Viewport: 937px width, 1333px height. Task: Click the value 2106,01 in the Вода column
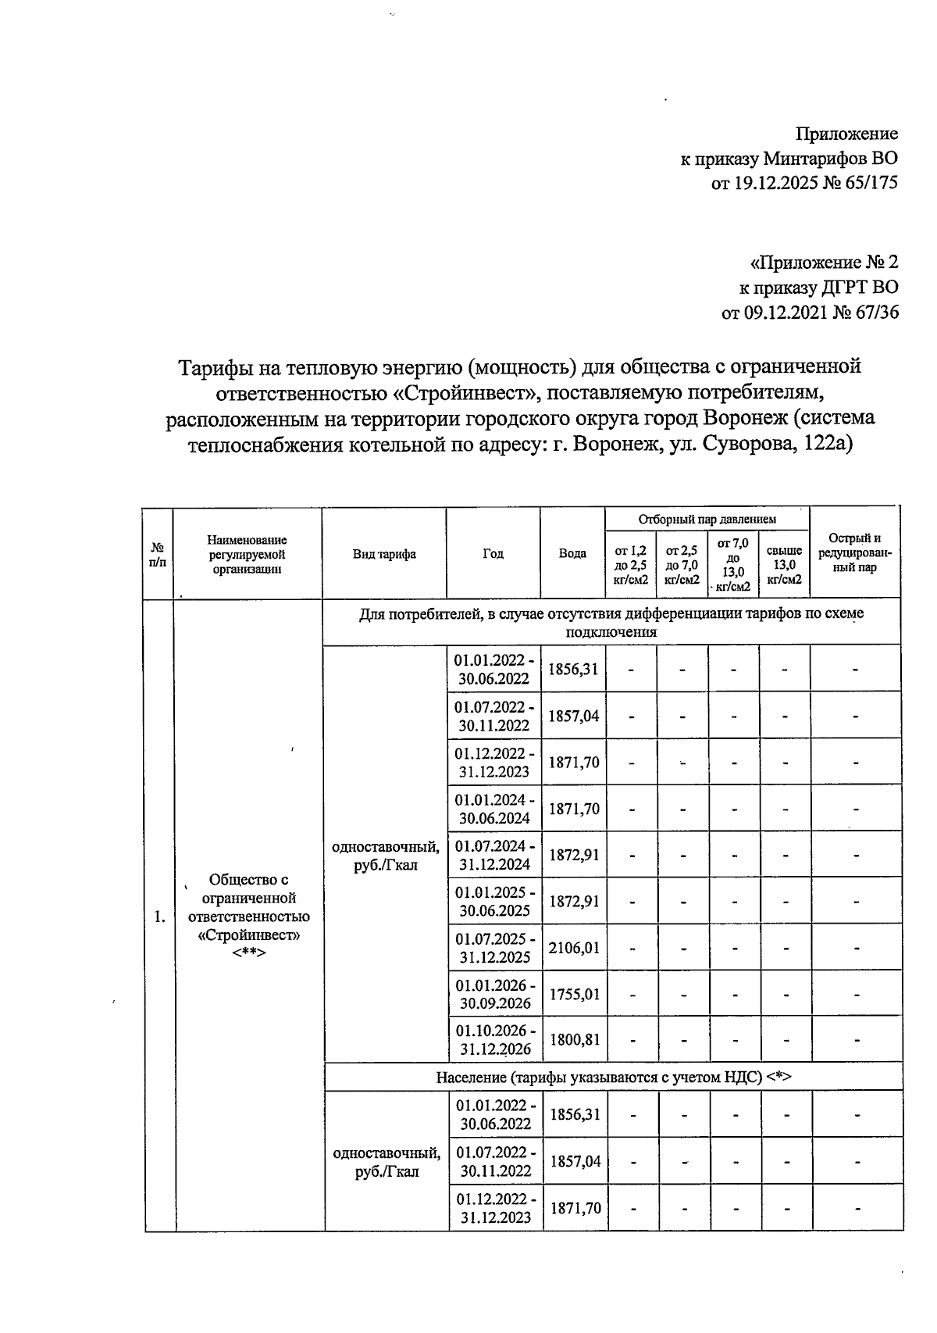coord(574,948)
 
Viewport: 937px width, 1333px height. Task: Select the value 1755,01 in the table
coord(574,994)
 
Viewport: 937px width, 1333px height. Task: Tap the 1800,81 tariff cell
coord(574,1040)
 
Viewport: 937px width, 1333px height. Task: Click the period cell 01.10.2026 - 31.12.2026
coord(495,1040)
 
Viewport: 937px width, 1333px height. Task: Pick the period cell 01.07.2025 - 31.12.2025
coord(495,948)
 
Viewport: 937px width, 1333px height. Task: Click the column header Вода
coord(572,553)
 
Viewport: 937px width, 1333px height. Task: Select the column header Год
coord(493,553)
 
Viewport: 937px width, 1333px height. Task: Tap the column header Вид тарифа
coord(384,554)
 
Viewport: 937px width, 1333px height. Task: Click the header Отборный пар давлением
coord(707,519)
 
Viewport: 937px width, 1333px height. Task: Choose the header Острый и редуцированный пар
coord(854,552)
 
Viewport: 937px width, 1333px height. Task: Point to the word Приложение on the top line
coord(846,134)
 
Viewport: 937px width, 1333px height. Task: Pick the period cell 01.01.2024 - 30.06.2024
coord(495,809)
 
